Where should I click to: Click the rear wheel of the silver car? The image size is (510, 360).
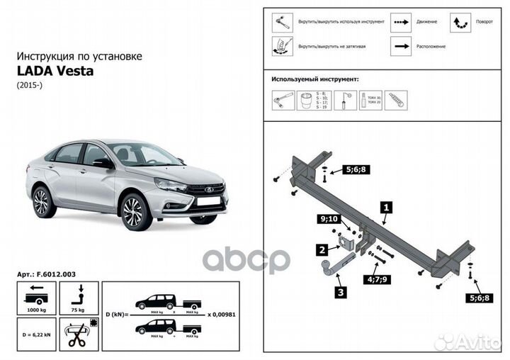[x=42, y=201]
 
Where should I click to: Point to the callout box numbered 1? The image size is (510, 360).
[x=386, y=208]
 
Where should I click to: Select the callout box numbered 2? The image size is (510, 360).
[x=322, y=249]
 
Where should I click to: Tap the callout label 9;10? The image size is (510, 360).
[x=329, y=220]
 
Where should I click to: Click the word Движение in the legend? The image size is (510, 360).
[x=426, y=22]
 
